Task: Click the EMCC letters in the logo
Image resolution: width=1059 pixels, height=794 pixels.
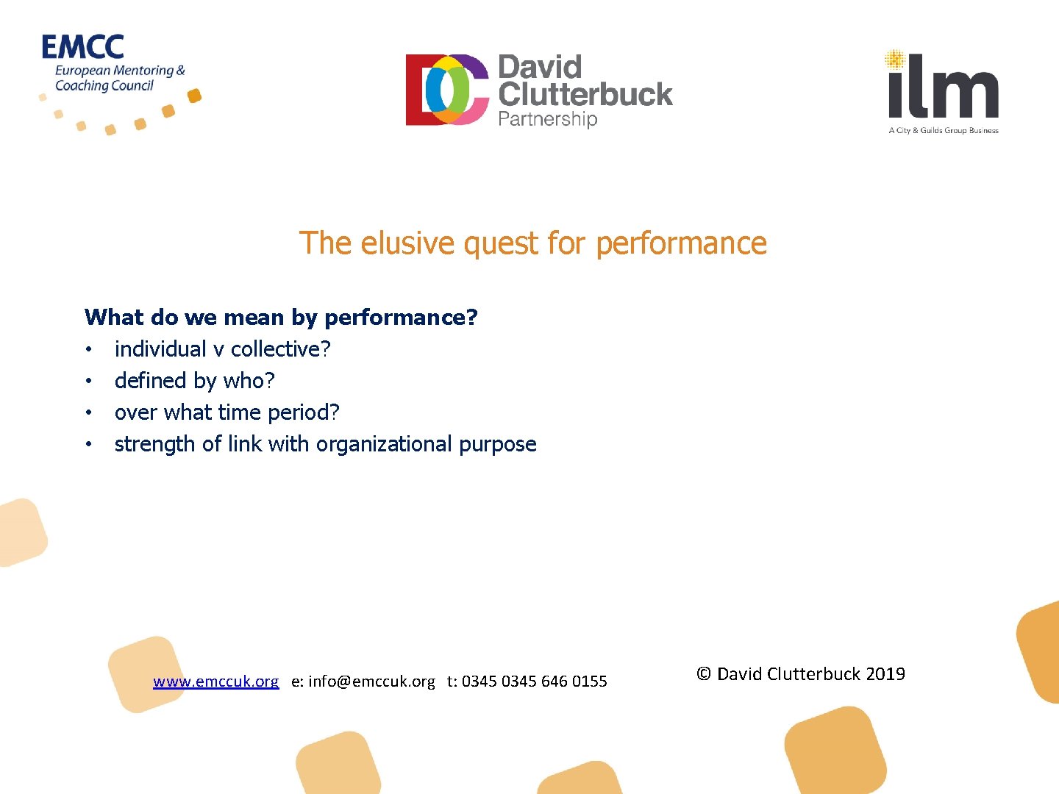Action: point(82,47)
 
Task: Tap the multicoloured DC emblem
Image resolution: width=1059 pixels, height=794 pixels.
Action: point(447,90)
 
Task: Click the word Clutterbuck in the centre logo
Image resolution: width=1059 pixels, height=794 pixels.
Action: point(585,94)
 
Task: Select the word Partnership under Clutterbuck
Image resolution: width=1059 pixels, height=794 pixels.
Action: point(547,119)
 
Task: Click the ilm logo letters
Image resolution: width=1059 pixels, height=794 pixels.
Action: point(944,87)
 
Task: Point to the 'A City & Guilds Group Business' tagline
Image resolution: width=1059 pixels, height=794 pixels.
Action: point(944,131)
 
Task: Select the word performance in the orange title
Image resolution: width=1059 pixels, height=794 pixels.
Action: point(681,243)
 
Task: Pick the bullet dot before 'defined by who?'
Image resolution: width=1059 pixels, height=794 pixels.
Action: point(88,381)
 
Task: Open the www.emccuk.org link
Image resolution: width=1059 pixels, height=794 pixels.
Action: point(215,682)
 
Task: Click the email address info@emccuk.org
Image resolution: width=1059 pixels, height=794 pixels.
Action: point(371,682)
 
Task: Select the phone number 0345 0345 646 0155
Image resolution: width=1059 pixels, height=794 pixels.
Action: point(535,682)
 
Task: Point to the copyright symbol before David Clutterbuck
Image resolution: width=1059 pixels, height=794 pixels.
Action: point(704,674)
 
